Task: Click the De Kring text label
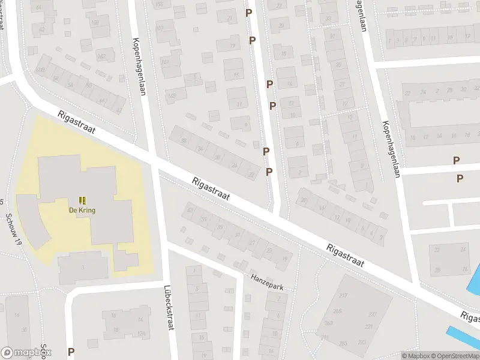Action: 82,211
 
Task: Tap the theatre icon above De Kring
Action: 82,200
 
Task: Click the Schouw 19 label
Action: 13,230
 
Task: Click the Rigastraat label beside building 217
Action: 346,257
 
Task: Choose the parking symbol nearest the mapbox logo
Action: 71,352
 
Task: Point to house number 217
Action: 343,296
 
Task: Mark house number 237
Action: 372,314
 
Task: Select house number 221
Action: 368,326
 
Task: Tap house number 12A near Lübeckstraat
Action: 142,334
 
